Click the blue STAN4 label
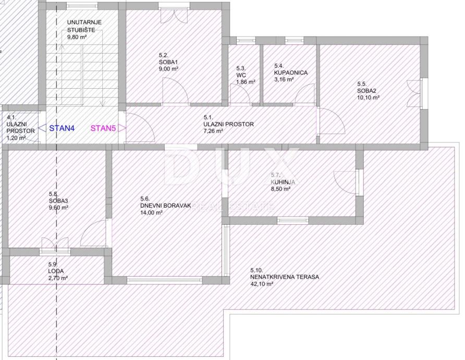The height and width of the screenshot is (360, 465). [x=62, y=128]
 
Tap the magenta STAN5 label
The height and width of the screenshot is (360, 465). [x=103, y=128]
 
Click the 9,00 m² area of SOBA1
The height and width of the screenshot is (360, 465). [x=168, y=69]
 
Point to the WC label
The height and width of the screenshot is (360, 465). [x=241, y=75]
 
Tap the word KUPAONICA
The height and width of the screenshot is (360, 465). [x=291, y=73]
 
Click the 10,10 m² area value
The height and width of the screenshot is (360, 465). [x=369, y=98]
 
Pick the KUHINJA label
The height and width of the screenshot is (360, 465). [x=283, y=182]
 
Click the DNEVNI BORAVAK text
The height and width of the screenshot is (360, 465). [x=165, y=206]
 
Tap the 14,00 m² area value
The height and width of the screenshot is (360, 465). [x=151, y=213]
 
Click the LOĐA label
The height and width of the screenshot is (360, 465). [x=56, y=271]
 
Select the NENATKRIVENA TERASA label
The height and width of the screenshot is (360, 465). [x=285, y=277]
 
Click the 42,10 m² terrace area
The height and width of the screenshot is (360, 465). [x=262, y=284]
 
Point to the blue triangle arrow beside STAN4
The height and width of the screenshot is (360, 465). [x=43, y=128]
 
